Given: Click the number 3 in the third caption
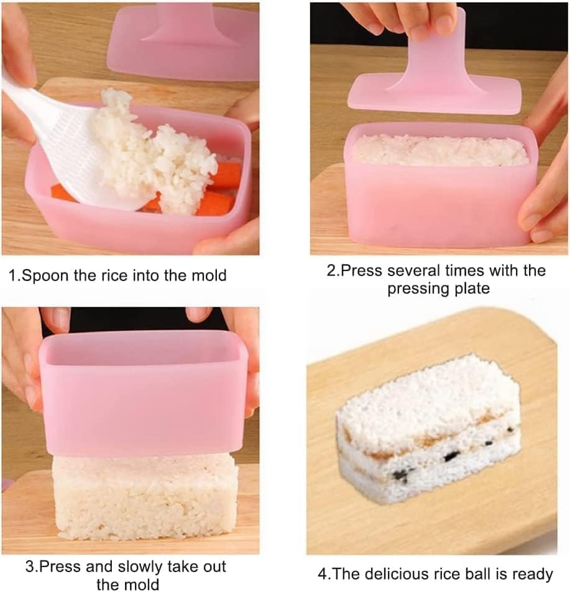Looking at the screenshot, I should pos(29,567).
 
